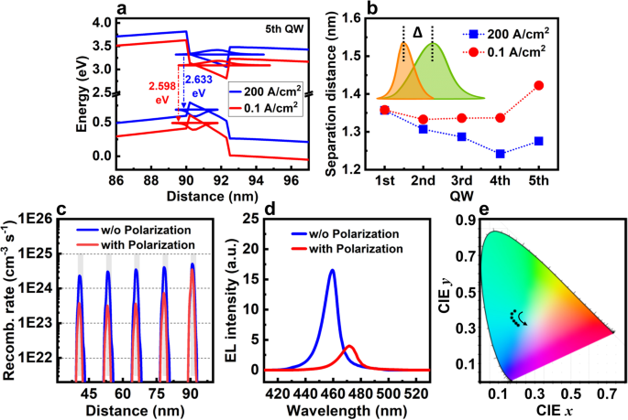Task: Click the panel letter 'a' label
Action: coord(120,10)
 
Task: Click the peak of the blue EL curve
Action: coord(331,270)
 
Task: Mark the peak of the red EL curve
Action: coord(349,346)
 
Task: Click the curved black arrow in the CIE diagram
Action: coord(522,318)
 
